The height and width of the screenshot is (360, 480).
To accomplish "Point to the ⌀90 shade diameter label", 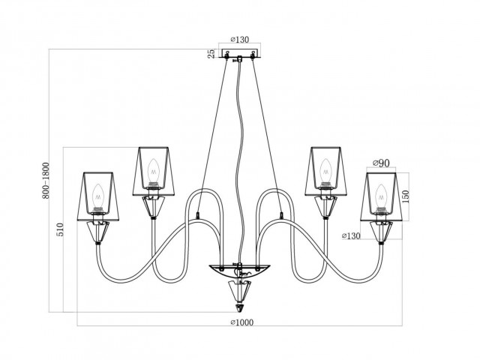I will pyautogui.click(x=382, y=163).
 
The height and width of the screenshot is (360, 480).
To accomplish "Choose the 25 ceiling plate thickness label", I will pyautogui.click(x=211, y=54).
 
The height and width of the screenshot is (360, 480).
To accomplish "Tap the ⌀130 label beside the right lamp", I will pyautogui.click(x=351, y=237).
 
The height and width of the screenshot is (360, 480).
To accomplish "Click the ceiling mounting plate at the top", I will pyautogui.click(x=240, y=54).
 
